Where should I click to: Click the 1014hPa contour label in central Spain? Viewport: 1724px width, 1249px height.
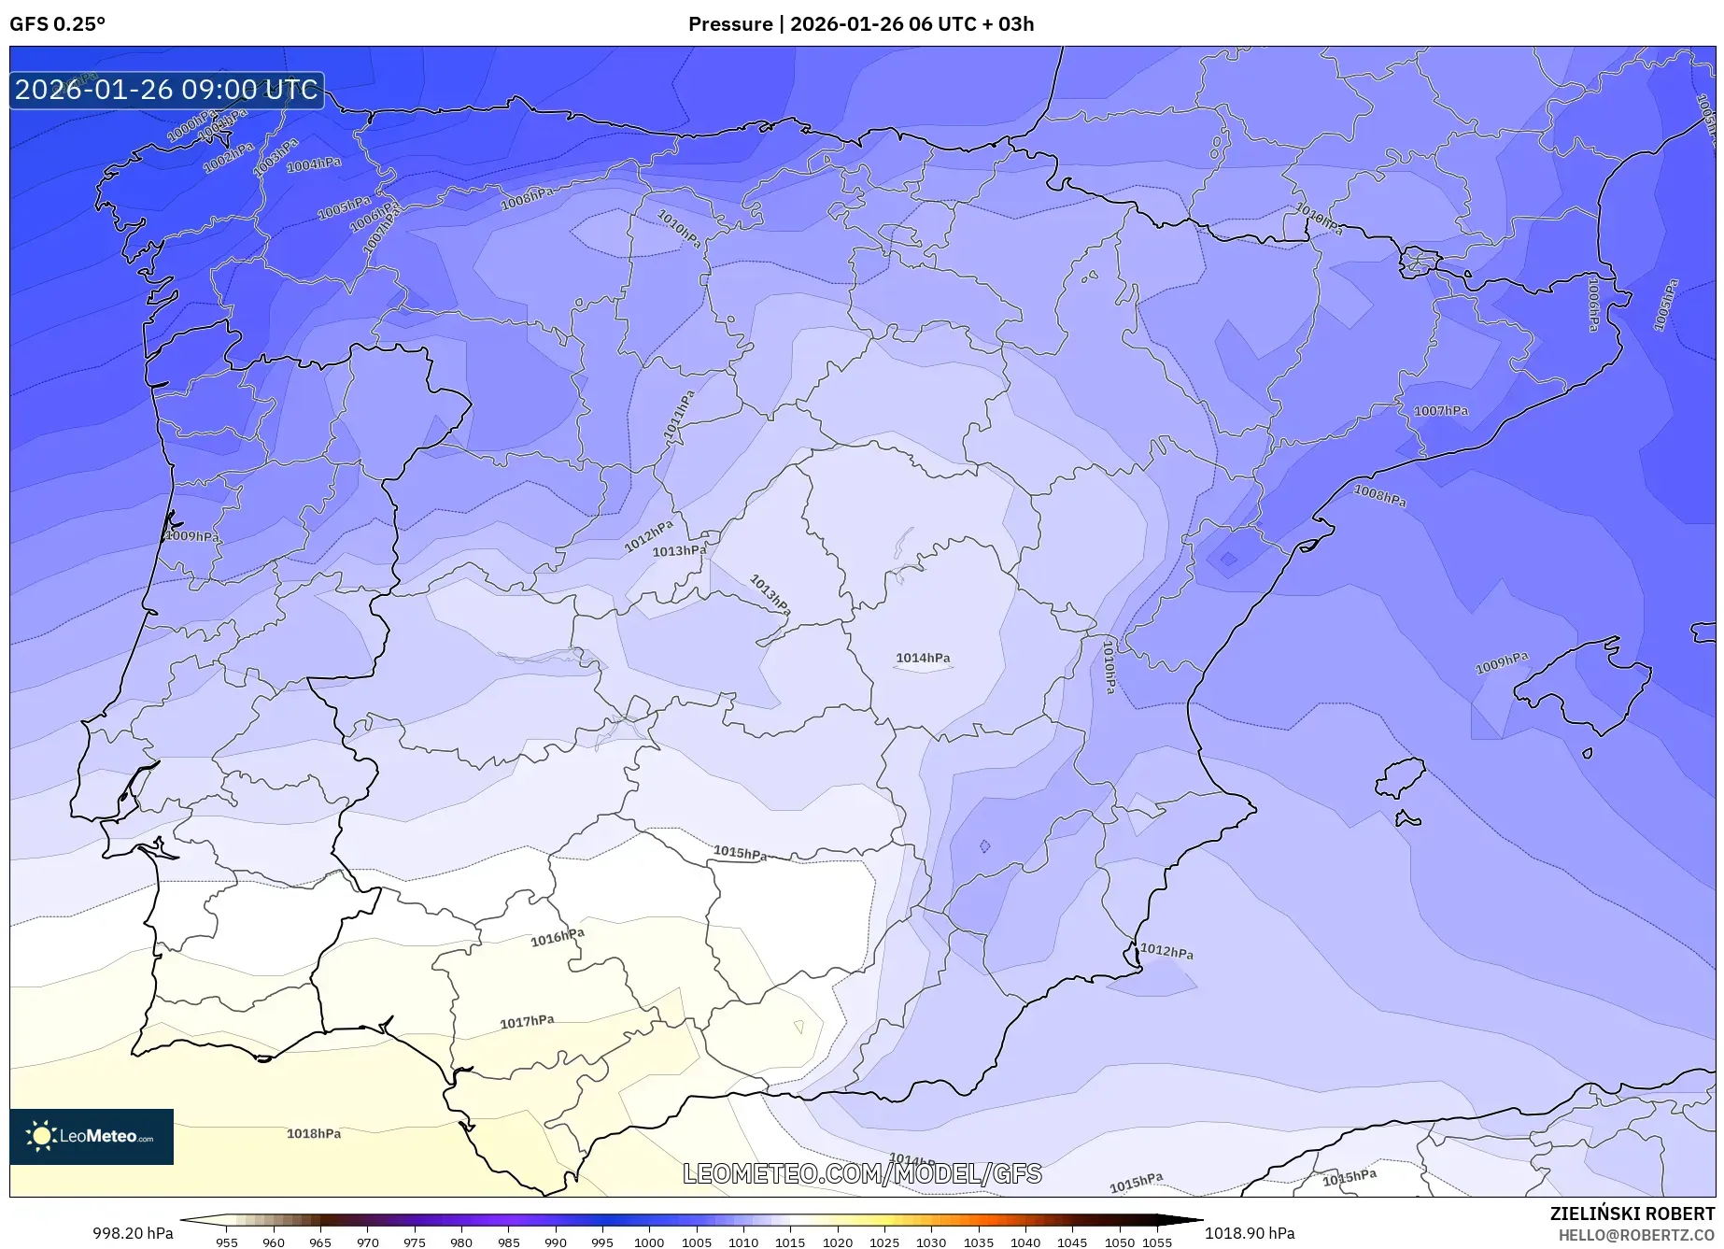(x=923, y=658)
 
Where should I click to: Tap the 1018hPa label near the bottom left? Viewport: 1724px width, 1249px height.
(x=313, y=1133)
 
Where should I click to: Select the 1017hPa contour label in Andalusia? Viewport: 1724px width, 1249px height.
(x=527, y=1022)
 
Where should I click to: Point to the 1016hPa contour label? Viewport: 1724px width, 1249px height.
(x=558, y=938)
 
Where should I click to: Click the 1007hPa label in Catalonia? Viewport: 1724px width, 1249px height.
(x=1440, y=411)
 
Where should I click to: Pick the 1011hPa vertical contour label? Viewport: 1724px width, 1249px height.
(x=679, y=417)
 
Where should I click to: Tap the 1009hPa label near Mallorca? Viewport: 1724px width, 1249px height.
(x=1502, y=663)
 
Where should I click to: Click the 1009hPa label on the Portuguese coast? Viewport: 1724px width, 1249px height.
(x=192, y=536)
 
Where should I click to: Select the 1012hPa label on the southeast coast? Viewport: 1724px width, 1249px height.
(x=1166, y=951)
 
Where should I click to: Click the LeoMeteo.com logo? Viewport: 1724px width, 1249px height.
(x=92, y=1136)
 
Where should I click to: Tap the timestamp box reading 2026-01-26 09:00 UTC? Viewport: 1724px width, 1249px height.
(x=166, y=90)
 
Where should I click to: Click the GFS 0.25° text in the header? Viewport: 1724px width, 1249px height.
(x=57, y=24)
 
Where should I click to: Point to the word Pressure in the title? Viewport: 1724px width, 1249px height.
(x=729, y=24)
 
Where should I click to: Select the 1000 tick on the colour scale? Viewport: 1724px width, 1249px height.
(x=649, y=1242)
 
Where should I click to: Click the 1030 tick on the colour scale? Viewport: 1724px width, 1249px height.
(x=931, y=1242)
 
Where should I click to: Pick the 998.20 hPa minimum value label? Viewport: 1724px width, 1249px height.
(x=133, y=1233)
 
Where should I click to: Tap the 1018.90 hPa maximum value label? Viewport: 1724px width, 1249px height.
(x=1250, y=1233)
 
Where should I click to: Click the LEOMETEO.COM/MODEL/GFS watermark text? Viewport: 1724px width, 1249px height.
(x=861, y=1173)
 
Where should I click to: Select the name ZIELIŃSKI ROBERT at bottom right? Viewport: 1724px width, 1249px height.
(x=1632, y=1214)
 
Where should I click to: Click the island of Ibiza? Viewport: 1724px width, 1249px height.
(x=1401, y=777)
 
